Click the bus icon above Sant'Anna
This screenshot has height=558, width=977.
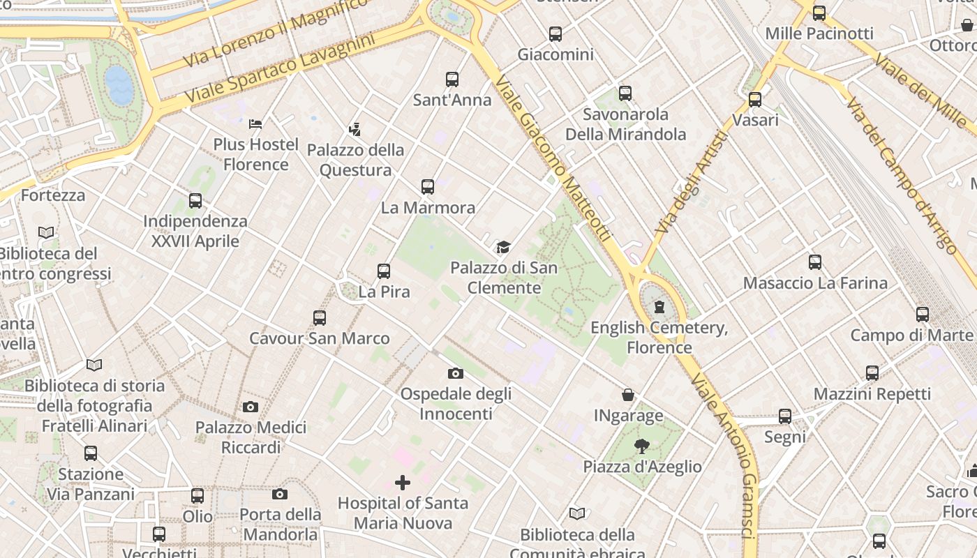point(452,80)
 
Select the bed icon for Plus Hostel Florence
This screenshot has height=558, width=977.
point(255,124)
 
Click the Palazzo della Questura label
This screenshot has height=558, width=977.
point(355,160)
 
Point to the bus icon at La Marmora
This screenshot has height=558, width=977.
point(428,187)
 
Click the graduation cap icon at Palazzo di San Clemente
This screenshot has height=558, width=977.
point(503,247)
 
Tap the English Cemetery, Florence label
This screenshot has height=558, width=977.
point(659,338)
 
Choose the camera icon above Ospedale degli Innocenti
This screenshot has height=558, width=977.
point(456,373)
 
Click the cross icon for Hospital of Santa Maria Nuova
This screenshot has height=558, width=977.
point(403,482)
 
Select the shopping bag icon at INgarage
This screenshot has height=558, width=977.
point(628,395)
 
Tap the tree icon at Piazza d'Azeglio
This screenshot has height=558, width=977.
point(642,446)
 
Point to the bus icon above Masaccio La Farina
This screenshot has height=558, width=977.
point(815,262)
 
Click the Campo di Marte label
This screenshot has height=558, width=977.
point(911,335)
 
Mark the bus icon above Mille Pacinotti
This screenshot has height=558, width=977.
point(819,13)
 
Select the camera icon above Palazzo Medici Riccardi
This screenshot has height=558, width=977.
point(251,407)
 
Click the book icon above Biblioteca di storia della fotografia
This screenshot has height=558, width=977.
point(94,364)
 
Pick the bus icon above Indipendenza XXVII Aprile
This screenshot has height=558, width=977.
point(195,201)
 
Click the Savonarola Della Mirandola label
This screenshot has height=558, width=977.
point(625,124)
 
